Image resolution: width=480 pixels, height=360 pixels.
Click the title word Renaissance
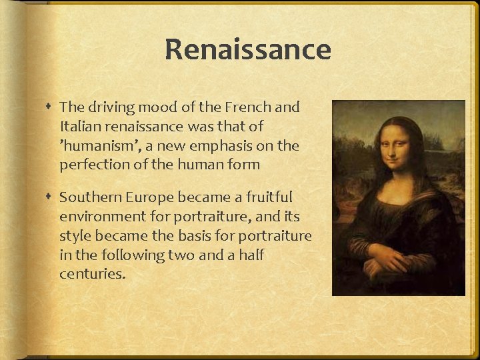click(247, 50)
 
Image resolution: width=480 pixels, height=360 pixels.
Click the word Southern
click(87, 197)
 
